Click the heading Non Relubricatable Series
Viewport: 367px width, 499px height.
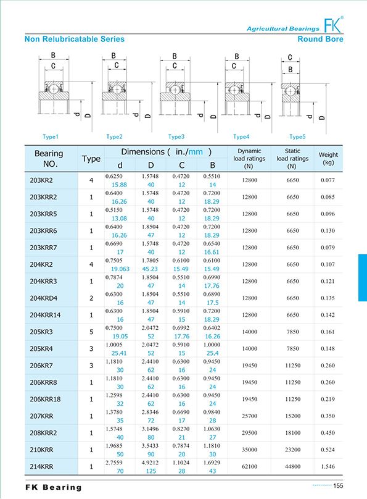(74, 40)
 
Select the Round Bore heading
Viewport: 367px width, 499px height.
(320, 40)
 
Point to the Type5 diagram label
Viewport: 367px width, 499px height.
(297, 136)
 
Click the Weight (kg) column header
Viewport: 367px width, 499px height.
(328, 159)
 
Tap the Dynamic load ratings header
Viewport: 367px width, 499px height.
(249, 159)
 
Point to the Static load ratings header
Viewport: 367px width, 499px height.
(292, 159)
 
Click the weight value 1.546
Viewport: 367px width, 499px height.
(328, 466)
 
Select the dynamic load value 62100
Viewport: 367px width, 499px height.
(249, 466)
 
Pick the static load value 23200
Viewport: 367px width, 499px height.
(292, 449)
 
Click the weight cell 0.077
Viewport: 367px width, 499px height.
(328, 181)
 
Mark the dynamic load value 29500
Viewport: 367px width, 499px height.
(249, 432)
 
